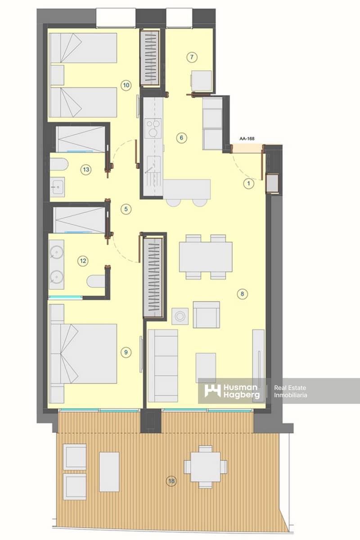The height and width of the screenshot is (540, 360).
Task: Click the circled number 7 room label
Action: point(192,57)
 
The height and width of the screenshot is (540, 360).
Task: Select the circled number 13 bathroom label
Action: point(86,170)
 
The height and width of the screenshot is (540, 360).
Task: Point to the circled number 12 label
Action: point(82,260)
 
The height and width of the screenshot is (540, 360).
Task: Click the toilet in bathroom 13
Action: point(58,165)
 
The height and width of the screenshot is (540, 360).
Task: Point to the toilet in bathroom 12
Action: point(95,282)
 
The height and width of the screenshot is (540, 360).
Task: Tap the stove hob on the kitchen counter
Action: point(153,127)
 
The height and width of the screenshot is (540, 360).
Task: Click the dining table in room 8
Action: point(206,257)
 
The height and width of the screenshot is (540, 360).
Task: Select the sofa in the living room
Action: point(163,365)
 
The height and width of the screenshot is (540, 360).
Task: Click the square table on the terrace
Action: point(205,467)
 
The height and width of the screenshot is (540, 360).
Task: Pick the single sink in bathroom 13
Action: point(58,186)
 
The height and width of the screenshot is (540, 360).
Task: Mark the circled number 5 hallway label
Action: point(126,209)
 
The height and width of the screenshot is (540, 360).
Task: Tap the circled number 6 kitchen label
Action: point(181,138)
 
